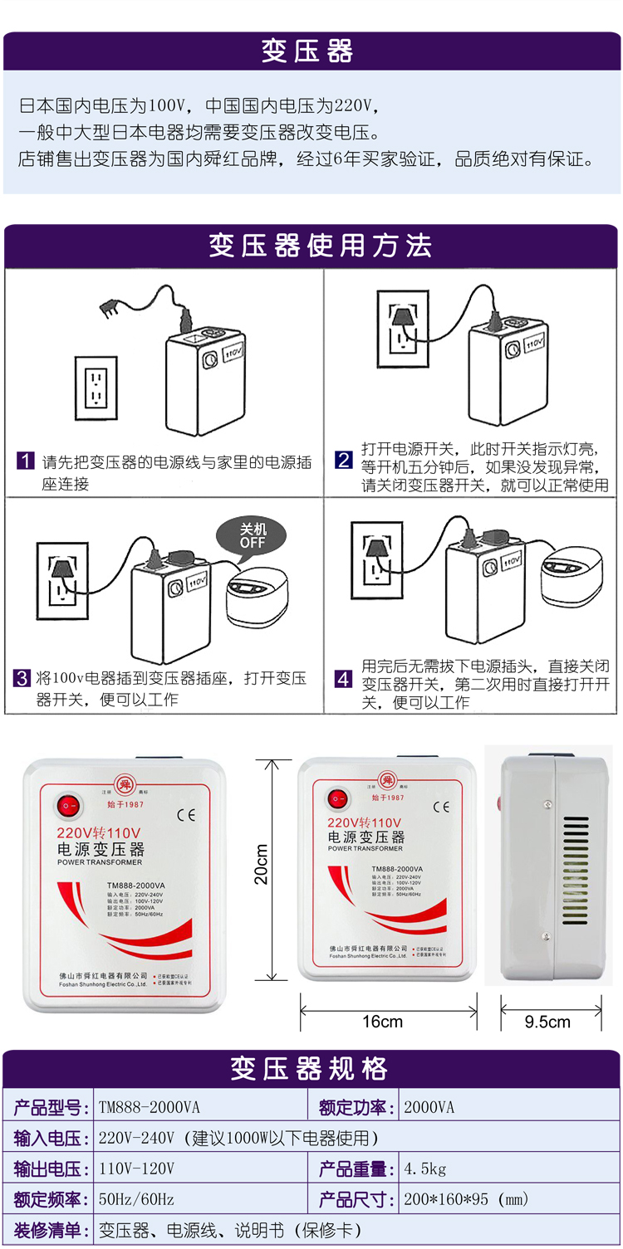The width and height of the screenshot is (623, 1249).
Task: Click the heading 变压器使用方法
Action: click(x=320, y=246)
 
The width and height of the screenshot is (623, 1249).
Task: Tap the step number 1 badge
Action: click(x=26, y=461)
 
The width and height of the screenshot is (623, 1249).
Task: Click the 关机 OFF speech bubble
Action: click(x=253, y=536)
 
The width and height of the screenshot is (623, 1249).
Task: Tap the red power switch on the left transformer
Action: click(x=69, y=804)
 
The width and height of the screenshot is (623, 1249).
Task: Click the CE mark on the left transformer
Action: click(x=186, y=814)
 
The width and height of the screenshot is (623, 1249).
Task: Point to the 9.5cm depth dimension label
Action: click(x=547, y=1022)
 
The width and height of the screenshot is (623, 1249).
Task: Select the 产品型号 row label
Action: click(x=47, y=1107)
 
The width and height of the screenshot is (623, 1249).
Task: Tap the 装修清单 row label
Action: click(x=47, y=1230)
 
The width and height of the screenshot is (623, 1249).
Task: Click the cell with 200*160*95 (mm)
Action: click(x=465, y=1199)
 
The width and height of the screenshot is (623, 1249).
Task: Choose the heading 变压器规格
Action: click(x=310, y=1069)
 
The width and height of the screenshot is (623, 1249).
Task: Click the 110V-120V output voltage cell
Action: click(x=136, y=1168)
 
